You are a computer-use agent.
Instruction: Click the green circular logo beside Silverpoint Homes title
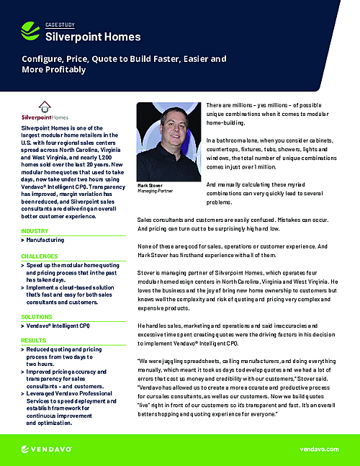tap(31, 30)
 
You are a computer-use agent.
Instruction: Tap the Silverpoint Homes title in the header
tap(93, 37)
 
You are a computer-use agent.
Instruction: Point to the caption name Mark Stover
tap(150, 185)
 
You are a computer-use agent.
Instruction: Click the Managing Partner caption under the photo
tap(157, 192)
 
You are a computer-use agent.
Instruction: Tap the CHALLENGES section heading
tap(40, 256)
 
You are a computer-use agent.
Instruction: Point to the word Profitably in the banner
tap(65, 70)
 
